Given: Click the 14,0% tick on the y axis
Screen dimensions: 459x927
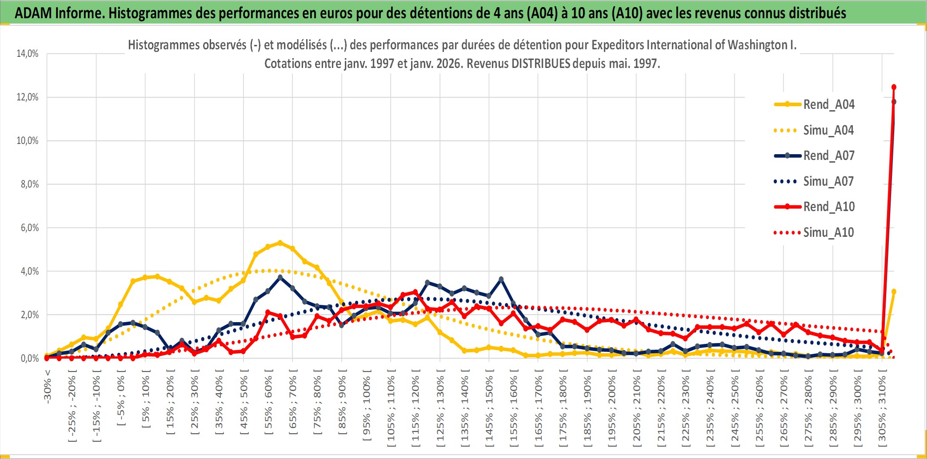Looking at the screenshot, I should pyautogui.click(x=28, y=54).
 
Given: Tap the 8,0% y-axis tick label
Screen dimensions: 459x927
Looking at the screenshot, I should pyautogui.click(x=29, y=184).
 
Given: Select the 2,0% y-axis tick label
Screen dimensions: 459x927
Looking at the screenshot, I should pyautogui.click(x=29, y=315).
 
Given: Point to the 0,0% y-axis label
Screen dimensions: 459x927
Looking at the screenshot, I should pyautogui.click(x=29, y=359).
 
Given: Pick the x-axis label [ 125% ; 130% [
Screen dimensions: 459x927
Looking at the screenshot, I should pyautogui.click(x=440, y=408).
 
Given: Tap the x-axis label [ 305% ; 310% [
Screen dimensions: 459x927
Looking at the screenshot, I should pyautogui.click(x=882, y=408).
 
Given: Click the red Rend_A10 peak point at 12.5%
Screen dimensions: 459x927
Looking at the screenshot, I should pyautogui.click(x=894, y=87).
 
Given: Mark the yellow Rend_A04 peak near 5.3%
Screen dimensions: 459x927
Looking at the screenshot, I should pyautogui.click(x=280, y=243).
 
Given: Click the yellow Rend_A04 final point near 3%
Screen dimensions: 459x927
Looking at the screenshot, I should pyautogui.click(x=894, y=291).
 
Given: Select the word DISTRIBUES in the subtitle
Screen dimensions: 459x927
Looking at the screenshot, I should pyautogui.click(x=540, y=64).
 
